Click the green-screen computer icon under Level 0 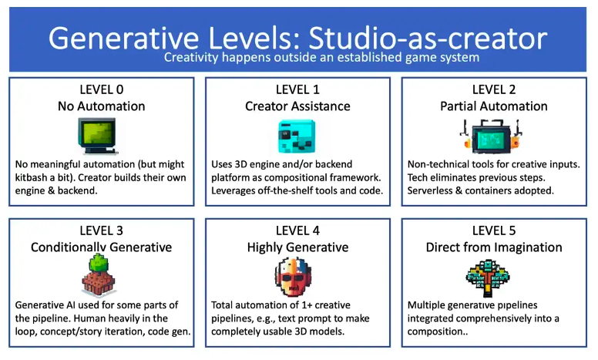tap(97, 136)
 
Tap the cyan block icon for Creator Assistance tap(297, 136)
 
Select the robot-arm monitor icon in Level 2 tap(491, 136)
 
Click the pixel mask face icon tap(294, 277)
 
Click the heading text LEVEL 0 tap(102, 89)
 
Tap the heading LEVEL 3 tap(102, 230)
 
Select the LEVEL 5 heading tap(494, 230)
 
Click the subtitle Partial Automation tap(494, 106)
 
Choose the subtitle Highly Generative tap(298, 247)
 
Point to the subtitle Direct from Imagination tap(494, 247)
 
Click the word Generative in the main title tap(123, 38)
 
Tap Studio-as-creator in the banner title tap(428, 38)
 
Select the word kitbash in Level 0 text tap(31, 178)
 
